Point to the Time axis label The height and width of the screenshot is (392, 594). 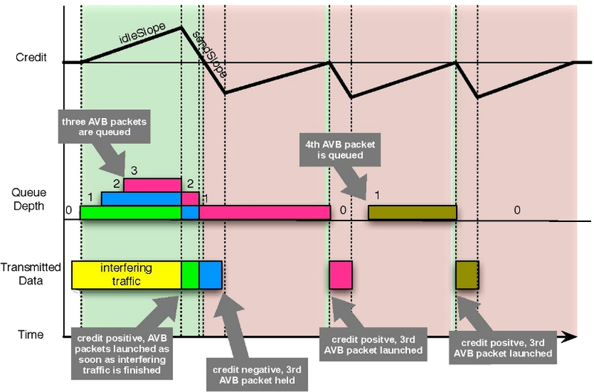click(x=30, y=336)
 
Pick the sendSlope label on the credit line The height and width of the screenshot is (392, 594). click(x=209, y=54)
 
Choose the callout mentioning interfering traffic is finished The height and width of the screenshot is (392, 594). click(x=124, y=350)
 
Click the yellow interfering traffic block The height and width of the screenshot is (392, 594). click(x=125, y=275)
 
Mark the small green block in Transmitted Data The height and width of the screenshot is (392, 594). click(x=190, y=275)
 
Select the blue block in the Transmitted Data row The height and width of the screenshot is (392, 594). click(x=210, y=275)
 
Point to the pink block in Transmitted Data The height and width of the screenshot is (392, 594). click(x=341, y=275)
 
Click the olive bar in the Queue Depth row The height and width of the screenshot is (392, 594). click(x=412, y=212)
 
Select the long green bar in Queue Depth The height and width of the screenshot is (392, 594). click(x=130, y=212)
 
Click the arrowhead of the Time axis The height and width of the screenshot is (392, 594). click(x=571, y=337)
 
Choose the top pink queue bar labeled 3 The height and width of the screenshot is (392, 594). click(x=152, y=185)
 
